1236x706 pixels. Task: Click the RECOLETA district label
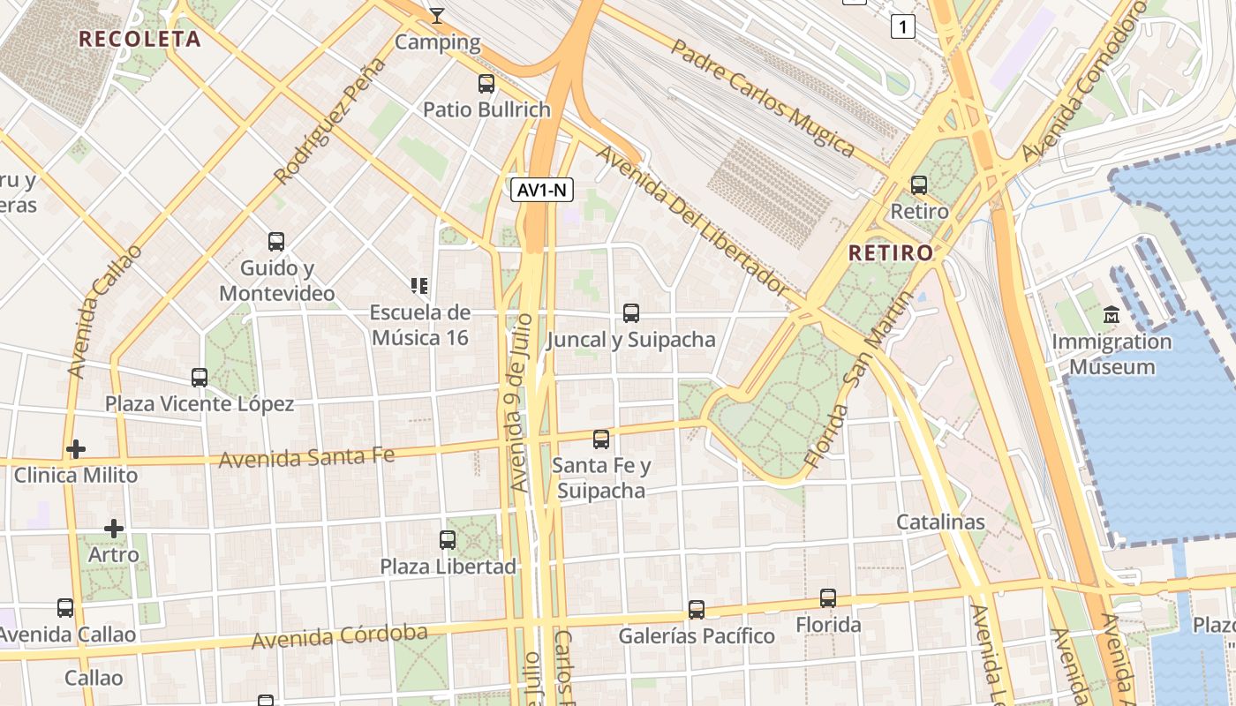[139, 39]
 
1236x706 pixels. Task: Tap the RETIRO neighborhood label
[890, 253]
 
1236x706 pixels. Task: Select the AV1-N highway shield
[542, 189]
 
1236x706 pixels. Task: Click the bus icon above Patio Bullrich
[486, 84]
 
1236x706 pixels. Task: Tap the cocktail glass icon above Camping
[437, 15]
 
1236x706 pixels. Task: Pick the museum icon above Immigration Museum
[1112, 314]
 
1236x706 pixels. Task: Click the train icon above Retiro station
[919, 185]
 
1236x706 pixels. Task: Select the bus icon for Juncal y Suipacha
[631, 312]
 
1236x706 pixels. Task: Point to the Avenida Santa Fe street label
[306, 457]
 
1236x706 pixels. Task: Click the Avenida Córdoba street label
[339, 636]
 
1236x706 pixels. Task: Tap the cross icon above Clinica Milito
[76, 449]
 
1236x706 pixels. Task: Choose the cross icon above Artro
[114, 529]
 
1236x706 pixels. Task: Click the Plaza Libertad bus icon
[448, 539]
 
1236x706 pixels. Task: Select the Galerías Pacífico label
[696, 636]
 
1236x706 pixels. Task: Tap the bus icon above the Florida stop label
[828, 598]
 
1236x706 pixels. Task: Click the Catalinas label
[940, 522]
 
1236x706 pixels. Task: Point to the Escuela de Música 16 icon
[419, 285]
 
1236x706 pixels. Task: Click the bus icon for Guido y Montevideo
[276, 241]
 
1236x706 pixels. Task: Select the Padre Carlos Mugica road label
[761, 96]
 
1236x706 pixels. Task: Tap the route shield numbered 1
[902, 27]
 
